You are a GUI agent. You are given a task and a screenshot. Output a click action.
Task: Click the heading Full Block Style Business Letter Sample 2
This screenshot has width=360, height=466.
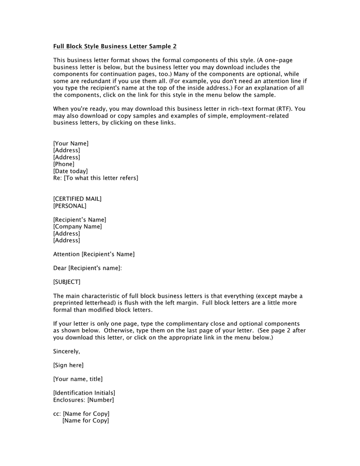point(115,46)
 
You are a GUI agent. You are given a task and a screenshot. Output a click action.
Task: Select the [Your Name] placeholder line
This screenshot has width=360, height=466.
point(71,143)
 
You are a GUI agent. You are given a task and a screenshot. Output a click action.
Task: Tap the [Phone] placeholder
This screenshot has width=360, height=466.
point(64,164)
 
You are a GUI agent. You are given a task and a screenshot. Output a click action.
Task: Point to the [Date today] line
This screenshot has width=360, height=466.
point(70,171)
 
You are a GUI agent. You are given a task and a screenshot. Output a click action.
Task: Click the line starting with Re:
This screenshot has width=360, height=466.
point(96,178)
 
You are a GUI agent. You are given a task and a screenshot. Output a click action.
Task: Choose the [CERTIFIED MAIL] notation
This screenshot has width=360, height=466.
point(78,199)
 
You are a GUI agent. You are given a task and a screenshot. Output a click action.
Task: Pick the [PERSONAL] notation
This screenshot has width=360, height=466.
point(70,206)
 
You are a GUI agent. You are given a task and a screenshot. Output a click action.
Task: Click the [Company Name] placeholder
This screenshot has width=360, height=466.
point(78,226)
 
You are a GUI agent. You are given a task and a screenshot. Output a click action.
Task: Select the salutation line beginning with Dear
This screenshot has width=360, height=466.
point(87,268)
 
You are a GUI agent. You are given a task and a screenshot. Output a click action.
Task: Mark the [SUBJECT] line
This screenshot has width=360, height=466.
point(67,282)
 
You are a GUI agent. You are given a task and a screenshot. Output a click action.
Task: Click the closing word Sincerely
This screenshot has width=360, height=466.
point(66,352)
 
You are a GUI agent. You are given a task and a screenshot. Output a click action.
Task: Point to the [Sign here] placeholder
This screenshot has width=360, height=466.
point(68,366)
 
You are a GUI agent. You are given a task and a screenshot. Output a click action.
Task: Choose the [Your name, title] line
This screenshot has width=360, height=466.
point(78,379)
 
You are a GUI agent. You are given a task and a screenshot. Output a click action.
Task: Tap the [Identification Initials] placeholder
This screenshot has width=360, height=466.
point(84,393)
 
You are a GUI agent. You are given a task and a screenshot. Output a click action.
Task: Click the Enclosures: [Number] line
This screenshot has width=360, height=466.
point(83,400)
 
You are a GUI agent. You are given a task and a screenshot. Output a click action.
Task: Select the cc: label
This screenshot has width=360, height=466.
point(57,414)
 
